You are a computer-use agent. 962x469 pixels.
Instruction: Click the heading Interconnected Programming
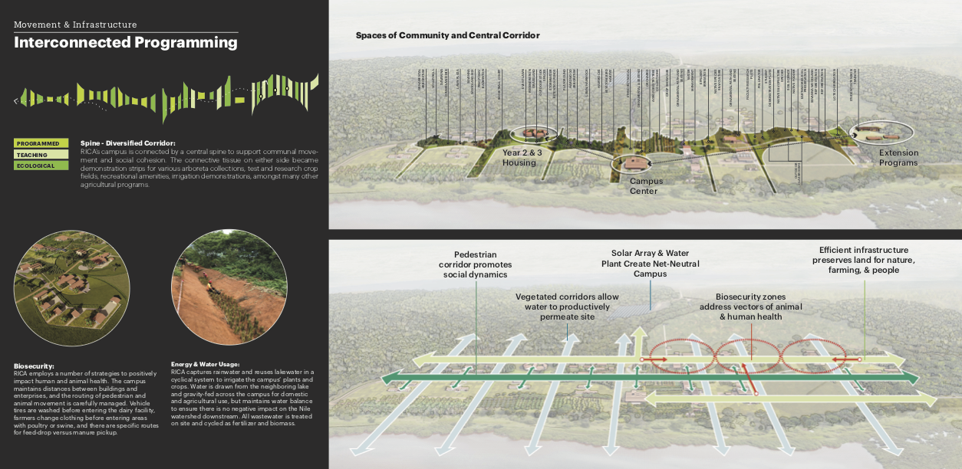pos(126,43)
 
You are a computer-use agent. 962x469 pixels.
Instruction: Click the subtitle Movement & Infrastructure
pos(75,25)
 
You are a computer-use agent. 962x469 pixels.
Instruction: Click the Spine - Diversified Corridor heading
pos(128,143)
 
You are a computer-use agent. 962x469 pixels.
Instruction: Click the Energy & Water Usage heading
pos(206,364)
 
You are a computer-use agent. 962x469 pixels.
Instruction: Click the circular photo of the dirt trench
pos(228,287)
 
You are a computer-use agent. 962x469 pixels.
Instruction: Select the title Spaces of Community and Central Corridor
pos(447,35)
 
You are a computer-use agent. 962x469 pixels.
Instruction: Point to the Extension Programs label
pos(898,158)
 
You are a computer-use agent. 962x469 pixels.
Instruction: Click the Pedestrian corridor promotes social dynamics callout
pos(476,264)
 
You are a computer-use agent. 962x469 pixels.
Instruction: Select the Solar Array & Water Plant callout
pos(645,263)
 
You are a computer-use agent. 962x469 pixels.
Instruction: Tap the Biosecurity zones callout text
pos(751,307)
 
